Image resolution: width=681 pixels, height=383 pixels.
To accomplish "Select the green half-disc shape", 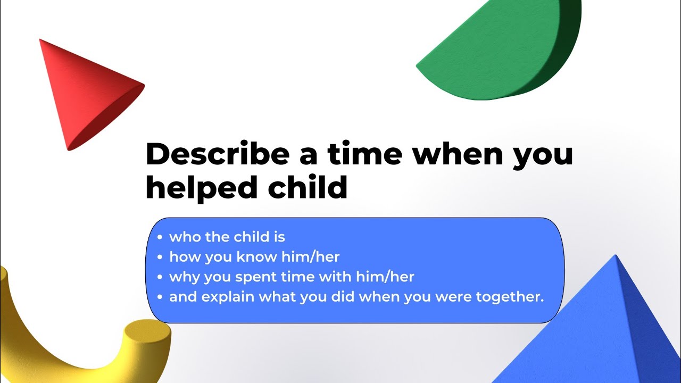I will (x=489, y=53).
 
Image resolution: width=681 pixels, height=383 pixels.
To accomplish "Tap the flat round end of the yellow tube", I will (x=148, y=332).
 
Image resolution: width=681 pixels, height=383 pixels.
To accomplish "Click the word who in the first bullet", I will (x=185, y=237).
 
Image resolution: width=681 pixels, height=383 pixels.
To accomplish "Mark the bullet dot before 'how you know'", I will (x=160, y=257).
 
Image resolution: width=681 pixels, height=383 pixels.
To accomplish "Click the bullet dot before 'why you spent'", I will (x=160, y=277).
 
